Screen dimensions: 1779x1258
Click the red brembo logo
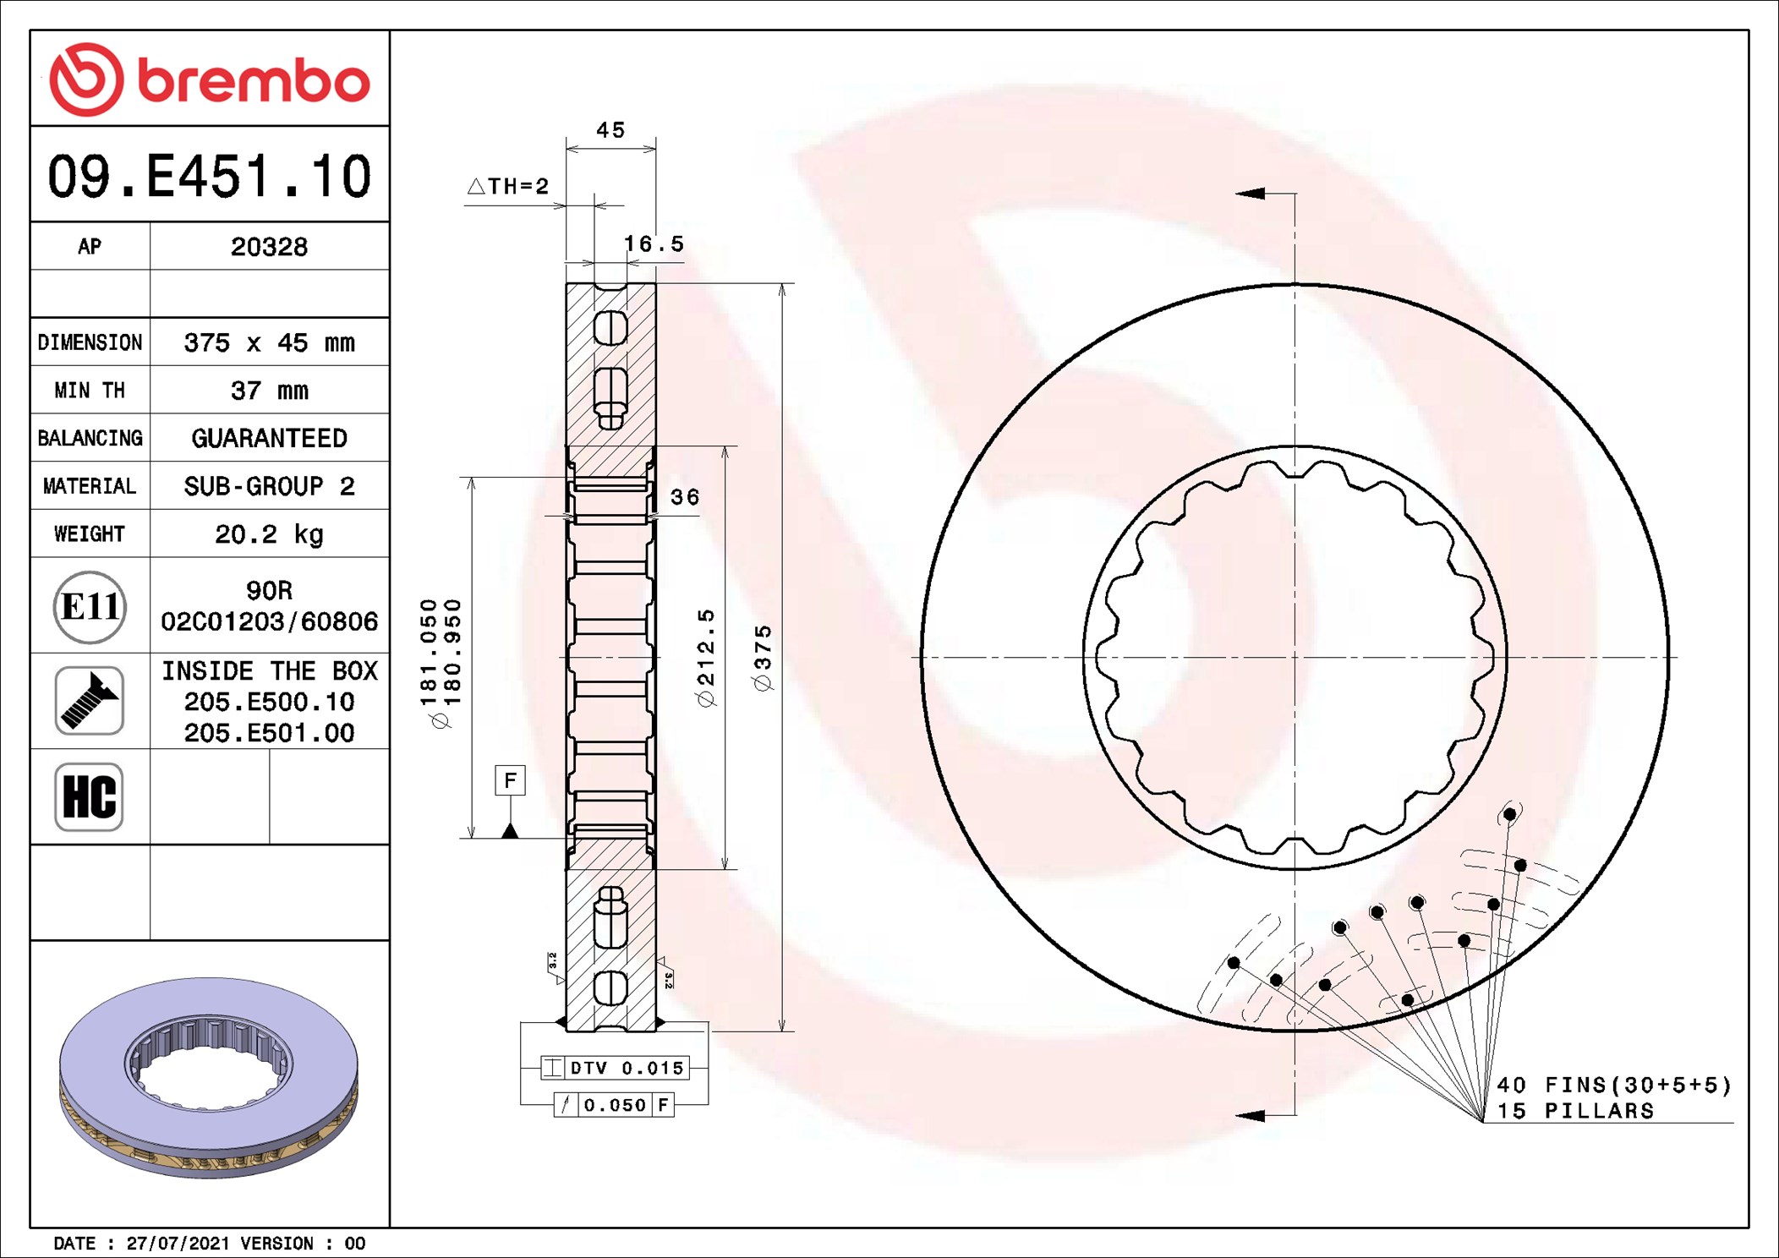tap(210, 79)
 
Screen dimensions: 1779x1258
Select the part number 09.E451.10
tap(210, 176)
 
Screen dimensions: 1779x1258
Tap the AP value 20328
tap(269, 247)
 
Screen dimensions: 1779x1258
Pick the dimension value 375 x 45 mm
tap(269, 342)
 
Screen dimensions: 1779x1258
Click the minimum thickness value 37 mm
tap(269, 391)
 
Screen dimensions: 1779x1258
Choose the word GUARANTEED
tap(269, 438)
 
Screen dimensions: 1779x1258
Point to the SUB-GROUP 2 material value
tap(269, 486)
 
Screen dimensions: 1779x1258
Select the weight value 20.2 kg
tap(269, 534)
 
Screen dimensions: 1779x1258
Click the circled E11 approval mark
tap(90, 606)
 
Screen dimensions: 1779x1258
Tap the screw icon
tap(90, 701)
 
